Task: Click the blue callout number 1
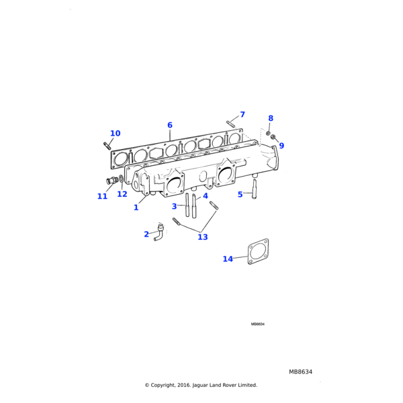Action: click(136, 208)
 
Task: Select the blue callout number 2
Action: click(146, 234)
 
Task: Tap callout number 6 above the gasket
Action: click(170, 126)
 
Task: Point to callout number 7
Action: click(242, 115)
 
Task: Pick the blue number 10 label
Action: click(115, 134)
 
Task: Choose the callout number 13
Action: click(203, 237)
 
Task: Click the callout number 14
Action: click(228, 259)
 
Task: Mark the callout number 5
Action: click(240, 195)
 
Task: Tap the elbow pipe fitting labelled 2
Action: click(159, 232)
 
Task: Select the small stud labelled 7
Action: click(230, 122)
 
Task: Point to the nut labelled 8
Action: click(268, 134)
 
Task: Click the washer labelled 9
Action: click(273, 138)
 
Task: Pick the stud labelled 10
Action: click(107, 145)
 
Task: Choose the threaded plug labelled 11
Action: click(111, 180)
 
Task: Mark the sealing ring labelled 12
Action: click(121, 179)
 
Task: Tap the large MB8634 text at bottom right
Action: click(301, 371)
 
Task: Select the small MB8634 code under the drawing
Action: click(258, 324)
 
